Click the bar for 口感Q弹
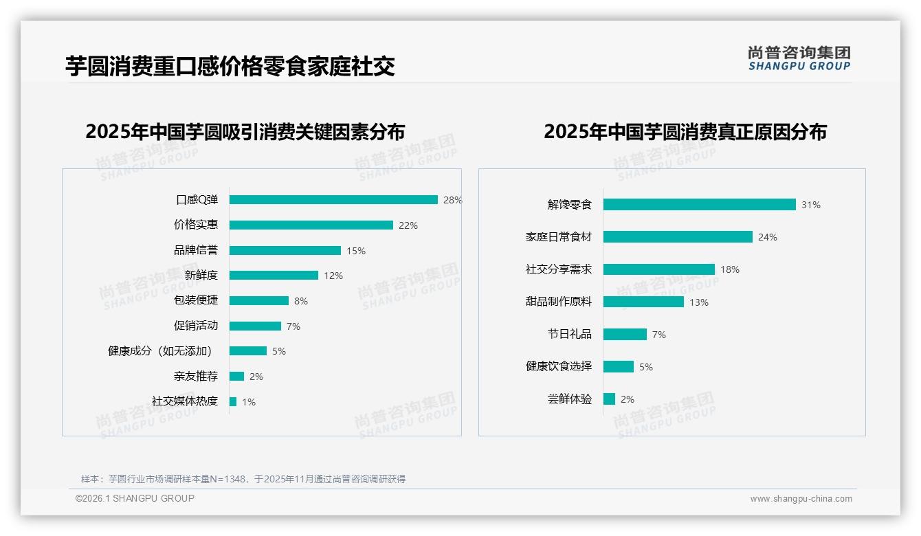point(333,200)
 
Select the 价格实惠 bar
point(311,225)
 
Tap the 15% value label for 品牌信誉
point(356,251)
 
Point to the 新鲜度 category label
point(201,276)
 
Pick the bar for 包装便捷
point(259,301)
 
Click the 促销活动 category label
point(196,326)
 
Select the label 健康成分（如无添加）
point(163,351)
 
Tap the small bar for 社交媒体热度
point(233,401)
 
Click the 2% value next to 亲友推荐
point(256,377)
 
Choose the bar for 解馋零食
point(699,205)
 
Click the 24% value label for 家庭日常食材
point(768,237)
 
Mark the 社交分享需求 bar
point(659,269)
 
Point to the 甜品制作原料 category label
point(559,302)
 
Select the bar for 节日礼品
point(625,334)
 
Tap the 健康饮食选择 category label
point(559,366)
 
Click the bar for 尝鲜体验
point(609,399)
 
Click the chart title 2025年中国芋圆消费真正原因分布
point(685,131)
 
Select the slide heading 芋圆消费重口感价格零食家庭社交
point(230,66)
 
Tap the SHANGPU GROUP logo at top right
point(799,58)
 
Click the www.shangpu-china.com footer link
point(801,499)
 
